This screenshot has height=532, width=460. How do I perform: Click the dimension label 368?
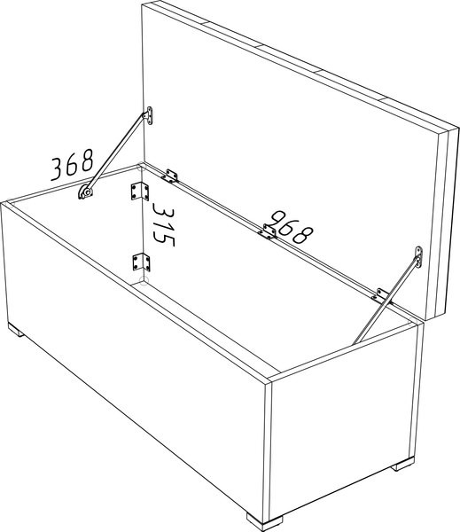72,165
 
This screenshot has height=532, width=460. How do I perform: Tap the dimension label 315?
163,224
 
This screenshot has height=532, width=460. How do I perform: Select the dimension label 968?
292,227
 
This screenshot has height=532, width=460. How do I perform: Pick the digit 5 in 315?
164,239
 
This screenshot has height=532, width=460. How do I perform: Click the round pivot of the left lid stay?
87,192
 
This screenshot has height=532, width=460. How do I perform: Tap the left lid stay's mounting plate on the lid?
149,115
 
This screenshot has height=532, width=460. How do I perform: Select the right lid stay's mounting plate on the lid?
419,257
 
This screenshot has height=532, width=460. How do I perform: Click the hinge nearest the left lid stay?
170,176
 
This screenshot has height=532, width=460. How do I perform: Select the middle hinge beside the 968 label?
268,231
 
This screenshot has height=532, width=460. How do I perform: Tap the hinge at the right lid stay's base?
381,296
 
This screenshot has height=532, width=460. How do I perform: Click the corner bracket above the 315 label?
140,192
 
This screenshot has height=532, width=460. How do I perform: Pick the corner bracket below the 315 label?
141,262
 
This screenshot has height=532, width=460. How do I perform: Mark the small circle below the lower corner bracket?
144,280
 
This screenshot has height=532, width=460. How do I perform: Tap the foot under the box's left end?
16,330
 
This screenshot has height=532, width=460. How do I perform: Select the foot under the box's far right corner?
403,464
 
